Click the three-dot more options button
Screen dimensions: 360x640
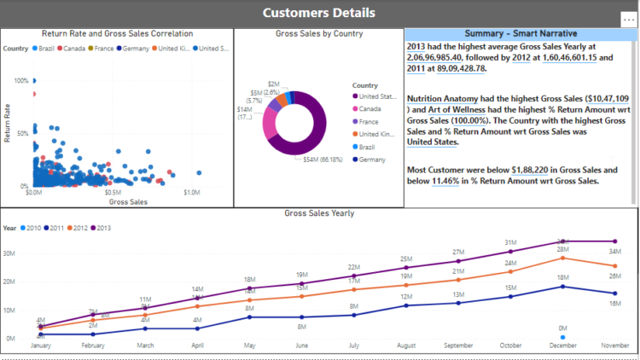click(x=629, y=19)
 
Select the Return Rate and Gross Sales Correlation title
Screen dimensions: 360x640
click(x=117, y=33)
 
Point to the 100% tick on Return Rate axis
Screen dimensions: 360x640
click(x=20, y=80)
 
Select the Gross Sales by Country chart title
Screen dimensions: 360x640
click(x=319, y=33)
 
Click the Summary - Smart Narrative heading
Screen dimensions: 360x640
click(x=520, y=33)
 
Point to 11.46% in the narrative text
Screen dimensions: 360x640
click(x=449, y=181)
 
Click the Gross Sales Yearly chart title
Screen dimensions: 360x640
click(x=318, y=212)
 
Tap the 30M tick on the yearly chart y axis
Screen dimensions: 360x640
click(x=9, y=253)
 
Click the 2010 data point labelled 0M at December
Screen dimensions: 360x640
click(x=561, y=337)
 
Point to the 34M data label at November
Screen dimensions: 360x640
click(x=614, y=251)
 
